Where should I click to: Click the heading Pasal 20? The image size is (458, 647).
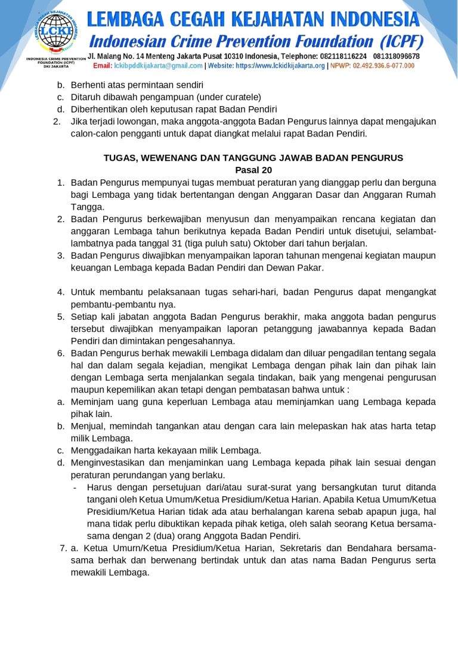[x=253, y=170]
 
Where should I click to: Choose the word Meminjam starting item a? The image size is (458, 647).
[x=91, y=402]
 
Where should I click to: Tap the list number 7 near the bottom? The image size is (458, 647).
[x=63, y=548]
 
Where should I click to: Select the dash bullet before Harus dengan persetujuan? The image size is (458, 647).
[x=74, y=487]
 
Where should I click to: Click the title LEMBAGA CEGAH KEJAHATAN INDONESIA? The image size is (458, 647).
[x=253, y=20]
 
